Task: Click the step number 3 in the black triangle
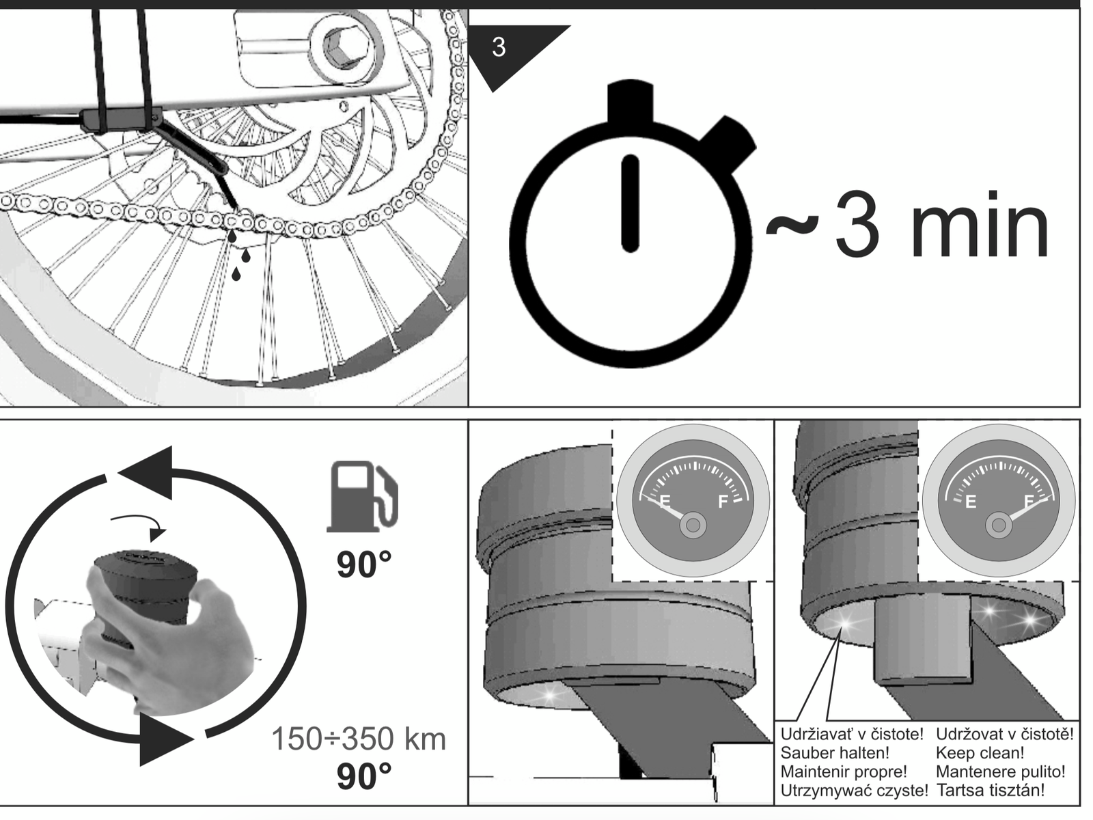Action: point(499,47)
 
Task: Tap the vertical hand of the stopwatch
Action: point(631,204)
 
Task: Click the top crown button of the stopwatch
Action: point(630,102)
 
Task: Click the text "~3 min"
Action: point(907,223)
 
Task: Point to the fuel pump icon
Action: point(363,496)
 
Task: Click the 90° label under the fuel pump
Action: point(364,565)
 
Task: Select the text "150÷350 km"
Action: point(359,739)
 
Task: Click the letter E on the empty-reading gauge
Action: point(665,502)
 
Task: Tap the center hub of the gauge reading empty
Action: point(693,525)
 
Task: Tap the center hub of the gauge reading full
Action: point(999,525)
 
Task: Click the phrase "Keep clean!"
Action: point(980,753)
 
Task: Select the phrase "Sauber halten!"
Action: point(835,753)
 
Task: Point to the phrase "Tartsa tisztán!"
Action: point(990,790)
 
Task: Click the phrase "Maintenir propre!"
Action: point(844,771)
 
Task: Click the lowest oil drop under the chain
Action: point(236,274)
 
